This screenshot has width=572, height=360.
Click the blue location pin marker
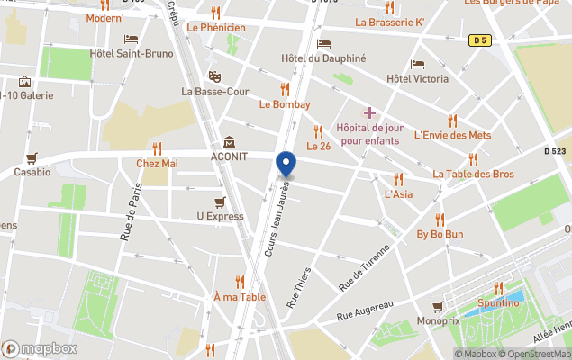pyautogui.click(x=286, y=165)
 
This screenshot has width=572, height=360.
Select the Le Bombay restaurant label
pyautogui.click(x=285, y=103)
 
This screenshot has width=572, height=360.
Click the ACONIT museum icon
pyautogui.click(x=230, y=142)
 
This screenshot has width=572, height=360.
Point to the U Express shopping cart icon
pyautogui.click(x=220, y=202)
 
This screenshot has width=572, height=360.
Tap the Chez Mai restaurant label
pyautogui.click(x=157, y=163)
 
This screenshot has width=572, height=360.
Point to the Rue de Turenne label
pyautogui.click(x=365, y=267)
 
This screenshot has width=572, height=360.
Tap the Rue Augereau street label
pyautogui.click(x=365, y=310)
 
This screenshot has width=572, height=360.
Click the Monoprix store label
pyautogui.click(x=439, y=320)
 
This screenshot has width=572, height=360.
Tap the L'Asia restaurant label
pyautogui.click(x=398, y=193)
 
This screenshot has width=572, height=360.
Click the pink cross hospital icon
pyautogui.click(x=368, y=112)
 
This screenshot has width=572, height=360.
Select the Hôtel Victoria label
pyautogui.click(x=416, y=78)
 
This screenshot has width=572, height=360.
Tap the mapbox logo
pyautogui.click(x=41, y=348)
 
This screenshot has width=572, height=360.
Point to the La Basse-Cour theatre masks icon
pyautogui.click(x=214, y=76)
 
